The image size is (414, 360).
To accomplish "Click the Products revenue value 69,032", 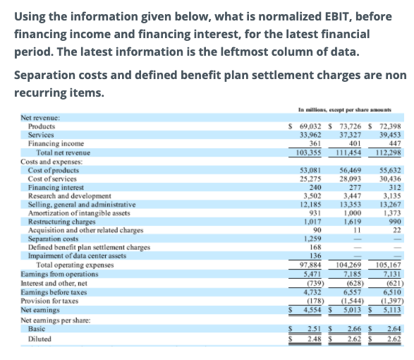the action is tap(310, 126).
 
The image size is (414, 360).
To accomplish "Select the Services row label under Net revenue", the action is tap(41, 135).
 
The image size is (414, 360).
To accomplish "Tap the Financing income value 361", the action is tap(315, 143).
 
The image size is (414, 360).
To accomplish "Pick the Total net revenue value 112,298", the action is tap(388, 152).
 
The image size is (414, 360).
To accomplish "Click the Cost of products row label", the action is tap(54, 170).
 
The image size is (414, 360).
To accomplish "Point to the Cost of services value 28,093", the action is tap(350, 179).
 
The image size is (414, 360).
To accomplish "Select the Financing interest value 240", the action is tap(315, 187).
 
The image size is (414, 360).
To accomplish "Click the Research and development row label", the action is tap(70, 196).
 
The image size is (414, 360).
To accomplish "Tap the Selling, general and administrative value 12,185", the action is tap(310, 204).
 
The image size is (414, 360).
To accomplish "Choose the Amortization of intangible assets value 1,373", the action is tap(392, 213).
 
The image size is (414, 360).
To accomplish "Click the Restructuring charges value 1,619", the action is tap(352, 222).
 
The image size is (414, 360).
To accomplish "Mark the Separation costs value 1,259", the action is tap(312, 239).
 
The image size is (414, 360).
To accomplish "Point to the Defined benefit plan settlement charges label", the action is tap(89, 247).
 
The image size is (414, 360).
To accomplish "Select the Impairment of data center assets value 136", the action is tap(315, 256).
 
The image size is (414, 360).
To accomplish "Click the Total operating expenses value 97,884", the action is tap(310, 265).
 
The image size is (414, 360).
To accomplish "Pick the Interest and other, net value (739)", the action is tap(315, 283).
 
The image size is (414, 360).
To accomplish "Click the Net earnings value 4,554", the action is tap(312, 310).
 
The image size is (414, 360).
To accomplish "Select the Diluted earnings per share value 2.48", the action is tap(315, 339).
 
